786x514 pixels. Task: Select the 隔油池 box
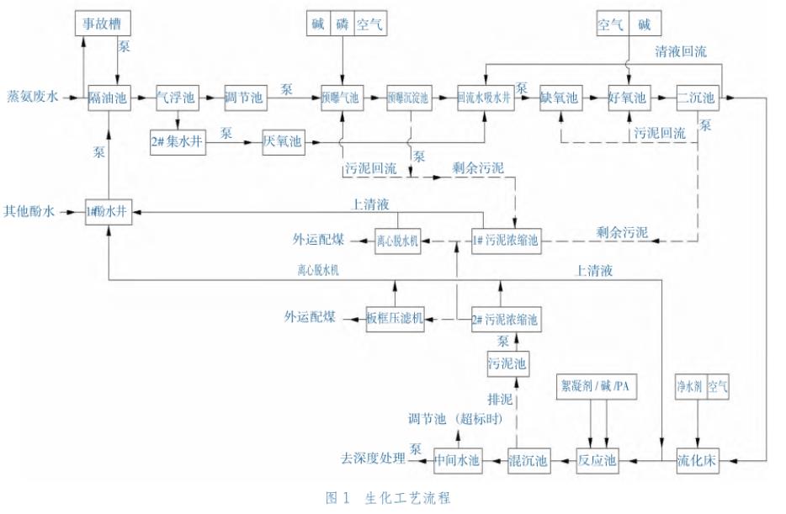click(x=109, y=98)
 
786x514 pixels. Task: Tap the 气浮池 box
click(x=176, y=98)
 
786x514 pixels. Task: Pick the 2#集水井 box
click(x=178, y=142)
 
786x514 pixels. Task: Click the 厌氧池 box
click(x=282, y=142)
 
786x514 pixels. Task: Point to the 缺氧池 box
click(x=560, y=98)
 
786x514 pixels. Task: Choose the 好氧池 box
click(x=629, y=98)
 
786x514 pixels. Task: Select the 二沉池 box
click(x=698, y=98)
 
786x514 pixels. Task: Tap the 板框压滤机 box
click(x=395, y=319)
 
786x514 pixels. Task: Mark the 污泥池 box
click(x=507, y=363)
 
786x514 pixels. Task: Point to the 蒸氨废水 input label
click(x=33, y=98)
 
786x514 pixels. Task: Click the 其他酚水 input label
click(x=30, y=212)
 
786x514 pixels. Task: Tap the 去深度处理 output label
click(x=373, y=459)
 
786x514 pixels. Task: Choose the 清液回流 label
click(x=681, y=52)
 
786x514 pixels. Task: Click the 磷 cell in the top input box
click(x=343, y=25)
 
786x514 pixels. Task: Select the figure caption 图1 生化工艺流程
click(x=388, y=498)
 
